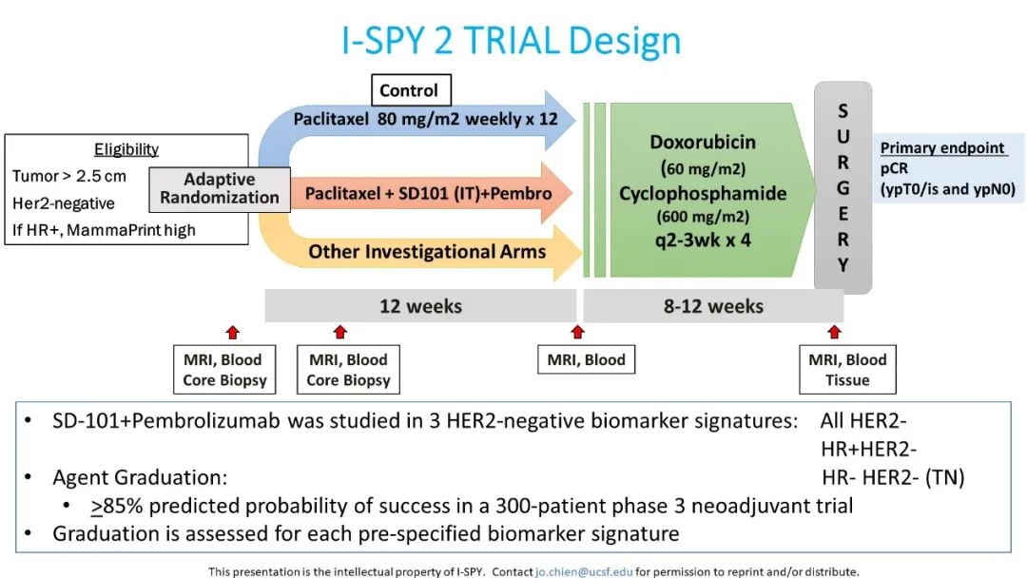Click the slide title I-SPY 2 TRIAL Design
tap(512, 41)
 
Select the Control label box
tap(410, 91)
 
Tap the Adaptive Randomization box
tap(220, 188)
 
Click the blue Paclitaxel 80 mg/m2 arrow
tap(428, 121)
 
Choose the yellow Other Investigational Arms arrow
tap(428, 252)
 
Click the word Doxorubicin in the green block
tap(703, 143)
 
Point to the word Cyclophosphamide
tap(703, 194)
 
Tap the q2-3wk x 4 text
tap(703, 240)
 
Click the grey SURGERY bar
tap(843, 187)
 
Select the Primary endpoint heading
tap(941, 148)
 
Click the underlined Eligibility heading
tap(126, 149)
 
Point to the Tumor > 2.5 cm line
tap(68, 176)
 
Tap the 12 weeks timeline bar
tap(419, 306)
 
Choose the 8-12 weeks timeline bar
tap(713, 306)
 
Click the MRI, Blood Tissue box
tap(846, 370)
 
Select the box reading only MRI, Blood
tap(586, 360)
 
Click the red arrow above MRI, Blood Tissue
tap(834, 332)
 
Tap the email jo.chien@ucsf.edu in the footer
tap(582, 571)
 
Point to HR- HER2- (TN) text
tap(893, 478)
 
